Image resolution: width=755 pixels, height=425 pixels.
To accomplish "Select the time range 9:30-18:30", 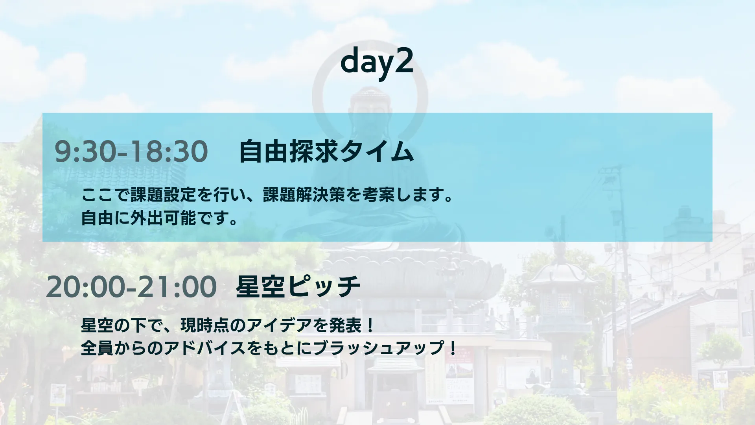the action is [131, 152].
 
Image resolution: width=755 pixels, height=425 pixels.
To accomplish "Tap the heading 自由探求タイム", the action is [326, 152].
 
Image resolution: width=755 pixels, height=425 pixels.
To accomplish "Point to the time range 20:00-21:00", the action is [131, 287].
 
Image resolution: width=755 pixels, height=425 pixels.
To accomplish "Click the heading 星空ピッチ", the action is [298, 286].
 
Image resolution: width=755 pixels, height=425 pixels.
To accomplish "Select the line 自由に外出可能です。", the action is [159, 218].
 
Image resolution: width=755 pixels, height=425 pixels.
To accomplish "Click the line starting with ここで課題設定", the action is [267, 195].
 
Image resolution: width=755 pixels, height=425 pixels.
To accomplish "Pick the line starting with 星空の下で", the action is [227, 325].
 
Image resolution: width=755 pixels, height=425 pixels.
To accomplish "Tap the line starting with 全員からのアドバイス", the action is [269, 348].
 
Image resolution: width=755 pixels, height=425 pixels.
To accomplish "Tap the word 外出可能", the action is [163, 218].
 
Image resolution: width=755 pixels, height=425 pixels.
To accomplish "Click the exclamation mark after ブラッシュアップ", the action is [452, 348].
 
